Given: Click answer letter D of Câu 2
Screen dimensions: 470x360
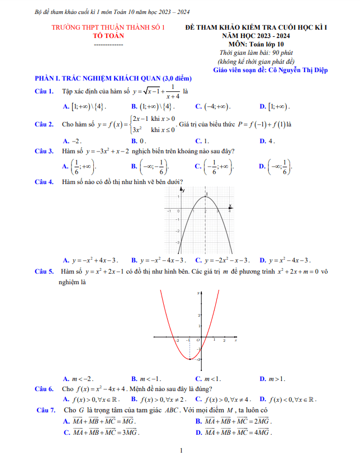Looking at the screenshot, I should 262,141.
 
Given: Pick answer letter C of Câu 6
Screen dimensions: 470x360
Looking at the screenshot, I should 198,399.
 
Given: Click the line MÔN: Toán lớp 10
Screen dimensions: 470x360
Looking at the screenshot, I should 257,43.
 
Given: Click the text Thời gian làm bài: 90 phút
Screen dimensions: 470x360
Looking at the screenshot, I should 257,52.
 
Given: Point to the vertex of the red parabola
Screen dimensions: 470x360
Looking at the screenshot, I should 190,358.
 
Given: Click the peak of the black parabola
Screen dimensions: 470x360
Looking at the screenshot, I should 205,196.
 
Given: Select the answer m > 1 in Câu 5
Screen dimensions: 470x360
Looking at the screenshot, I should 277,379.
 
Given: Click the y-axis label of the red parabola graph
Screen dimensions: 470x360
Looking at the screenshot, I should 198,293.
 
